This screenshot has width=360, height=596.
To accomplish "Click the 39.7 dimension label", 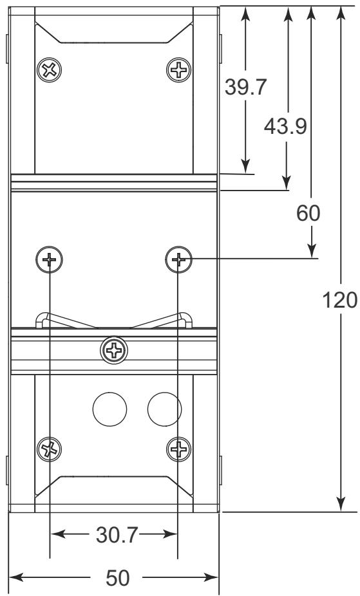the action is [245, 87].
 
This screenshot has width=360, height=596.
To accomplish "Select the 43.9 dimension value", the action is [285, 126].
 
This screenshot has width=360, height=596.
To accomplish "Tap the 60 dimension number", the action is [308, 213].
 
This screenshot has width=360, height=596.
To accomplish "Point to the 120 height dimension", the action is [339, 301].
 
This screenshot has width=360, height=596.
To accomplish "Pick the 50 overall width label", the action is [117, 578].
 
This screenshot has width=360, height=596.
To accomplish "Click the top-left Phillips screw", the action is [50, 70].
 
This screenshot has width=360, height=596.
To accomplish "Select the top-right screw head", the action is [178, 70].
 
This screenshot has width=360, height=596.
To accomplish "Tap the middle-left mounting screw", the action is [49, 259].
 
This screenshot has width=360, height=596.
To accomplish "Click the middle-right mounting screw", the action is [178, 259].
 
